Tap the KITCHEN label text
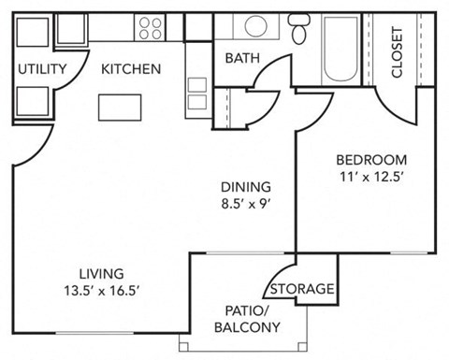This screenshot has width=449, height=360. coord(131,69)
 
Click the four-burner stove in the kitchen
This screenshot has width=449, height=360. coord(152,28)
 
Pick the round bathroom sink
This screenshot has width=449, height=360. coord(254,27)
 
